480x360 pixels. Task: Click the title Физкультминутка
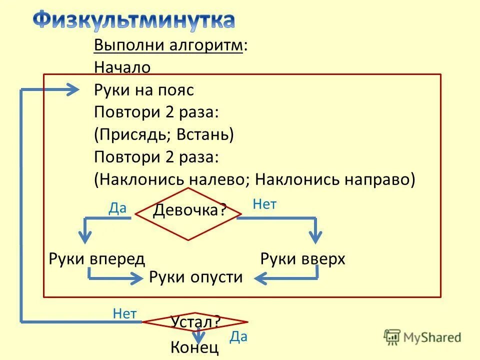pyautogui.click(x=134, y=20)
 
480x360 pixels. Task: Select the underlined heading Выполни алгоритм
pyautogui.click(x=168, y=45)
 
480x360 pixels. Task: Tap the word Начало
pyautogui.click(x=122, y=67)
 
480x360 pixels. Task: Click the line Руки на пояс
pyautogui.click(x=143, y=90)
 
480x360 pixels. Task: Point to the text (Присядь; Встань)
pyautogui.click(x=164, y=134)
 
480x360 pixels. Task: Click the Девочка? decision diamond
pyautogui.click(x=188, y=213)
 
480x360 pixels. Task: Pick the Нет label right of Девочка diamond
pyautogui.click(x=264, y=204)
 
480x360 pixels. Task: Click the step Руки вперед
pyautogui.click(x=97, y=259)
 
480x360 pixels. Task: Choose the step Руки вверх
pyautogui.click(x=303, y=259)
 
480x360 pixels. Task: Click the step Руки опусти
pyautogui.click(x=195, y=277)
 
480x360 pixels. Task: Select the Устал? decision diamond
pyautogui.click(x=195, y=321)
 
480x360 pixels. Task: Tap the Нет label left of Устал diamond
pyautogui.click(x=124, y=313)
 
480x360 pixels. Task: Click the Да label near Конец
pyautogui.click(x=238, y=336)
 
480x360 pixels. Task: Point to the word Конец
pyautogui.click(x=194, y=347)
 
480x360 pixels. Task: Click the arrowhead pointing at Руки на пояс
pyautogui.click(x=73, y=90)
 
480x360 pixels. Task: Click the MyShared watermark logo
pyautogui.click(x=422, y=337)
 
